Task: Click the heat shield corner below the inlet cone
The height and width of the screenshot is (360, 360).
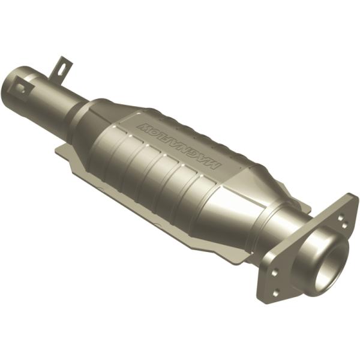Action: coord(60,150)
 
